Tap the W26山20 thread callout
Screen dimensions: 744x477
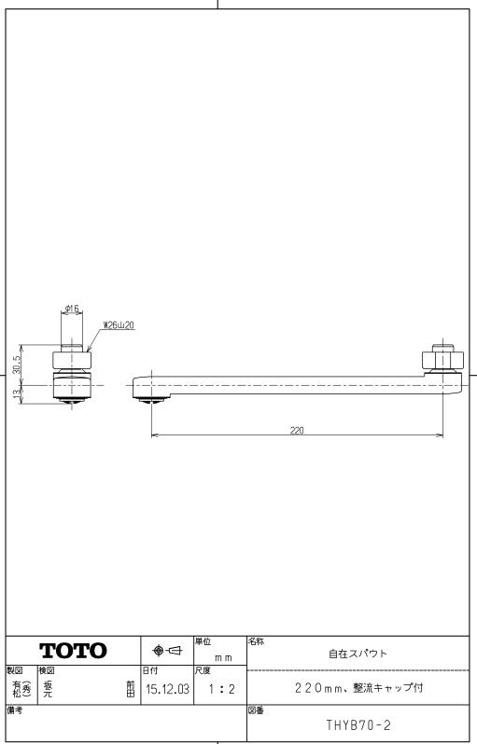point(118,324)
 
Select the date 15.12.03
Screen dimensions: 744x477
point(168,691)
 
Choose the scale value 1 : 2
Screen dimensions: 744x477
point(221,691)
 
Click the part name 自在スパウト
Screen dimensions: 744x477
point(359,655)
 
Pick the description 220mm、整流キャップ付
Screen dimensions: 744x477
point(359,691)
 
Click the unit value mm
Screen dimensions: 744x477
point(220,658)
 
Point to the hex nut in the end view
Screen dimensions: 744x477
point(73,361)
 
